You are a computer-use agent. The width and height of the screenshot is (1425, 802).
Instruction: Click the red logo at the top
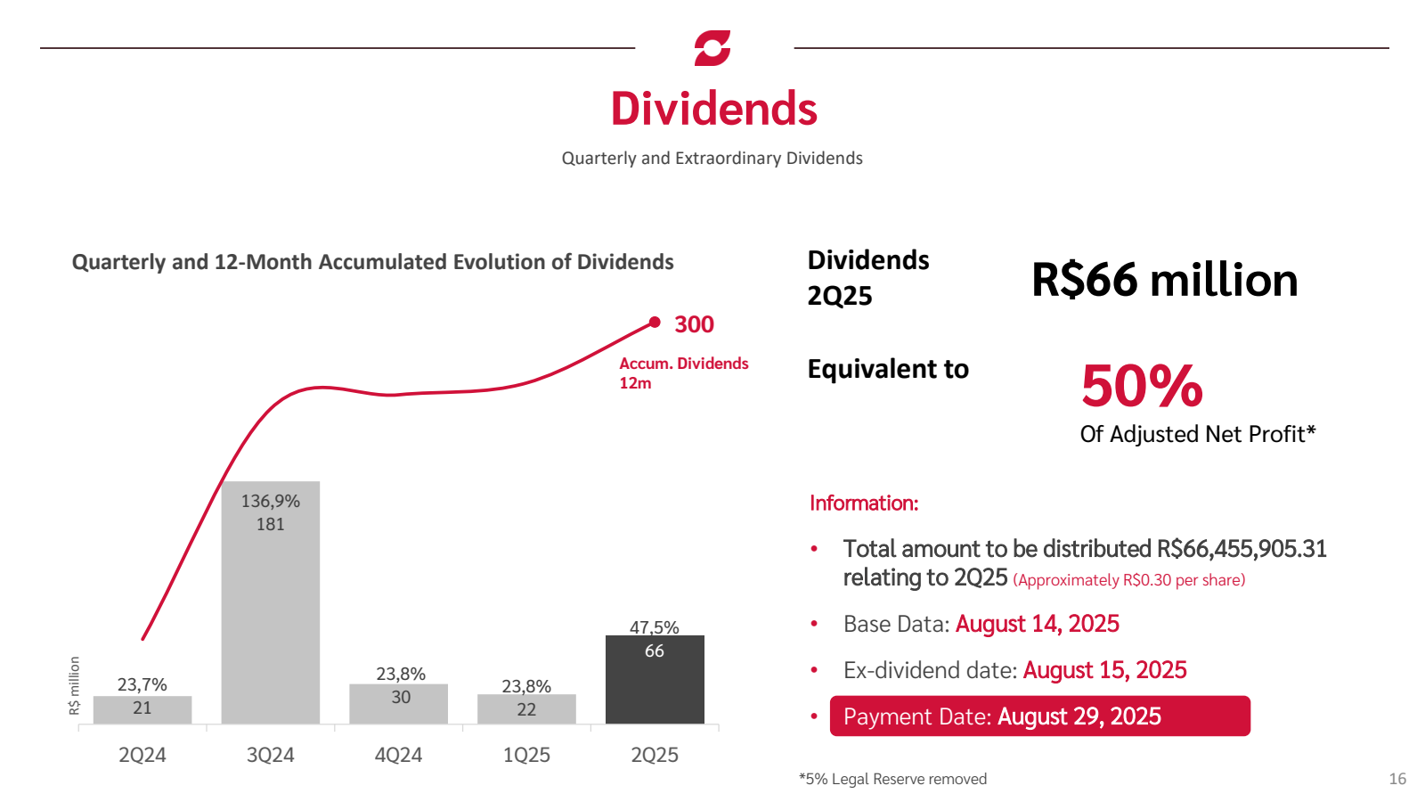712,48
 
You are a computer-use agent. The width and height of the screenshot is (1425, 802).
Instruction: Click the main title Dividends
713,109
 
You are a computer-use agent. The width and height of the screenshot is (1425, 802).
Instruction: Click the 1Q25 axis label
526,755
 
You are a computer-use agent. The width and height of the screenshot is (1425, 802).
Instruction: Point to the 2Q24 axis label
142,755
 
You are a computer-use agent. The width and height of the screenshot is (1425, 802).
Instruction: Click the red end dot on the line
655,323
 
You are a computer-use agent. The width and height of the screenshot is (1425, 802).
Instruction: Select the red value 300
694,324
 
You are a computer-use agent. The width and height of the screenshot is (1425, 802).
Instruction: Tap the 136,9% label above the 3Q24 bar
271,501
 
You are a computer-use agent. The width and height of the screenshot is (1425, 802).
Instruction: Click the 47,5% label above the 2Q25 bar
655,627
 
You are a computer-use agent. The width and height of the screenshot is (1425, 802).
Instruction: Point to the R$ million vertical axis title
75,685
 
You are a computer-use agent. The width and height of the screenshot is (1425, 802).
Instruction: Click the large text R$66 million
1164,280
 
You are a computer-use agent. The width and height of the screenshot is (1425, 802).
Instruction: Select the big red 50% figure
1142,386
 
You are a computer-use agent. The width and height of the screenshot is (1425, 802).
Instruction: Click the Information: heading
863,503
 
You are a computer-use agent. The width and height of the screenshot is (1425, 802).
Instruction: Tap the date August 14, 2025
1037,624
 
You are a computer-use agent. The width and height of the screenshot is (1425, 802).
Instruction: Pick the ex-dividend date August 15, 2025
1104,670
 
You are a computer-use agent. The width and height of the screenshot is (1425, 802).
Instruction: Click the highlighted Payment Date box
1039,716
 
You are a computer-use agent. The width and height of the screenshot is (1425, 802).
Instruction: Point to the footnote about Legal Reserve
892,779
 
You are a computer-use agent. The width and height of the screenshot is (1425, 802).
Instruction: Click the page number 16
1397,779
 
